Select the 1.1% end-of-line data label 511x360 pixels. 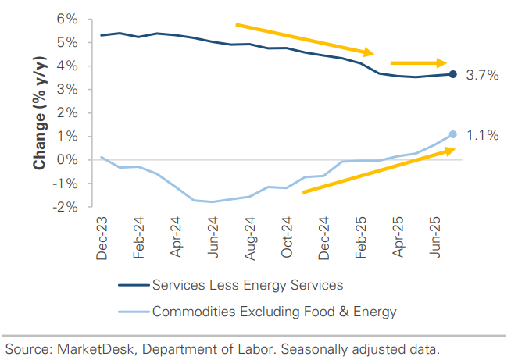click(482, 136)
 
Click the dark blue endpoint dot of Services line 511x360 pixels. click(453, 74)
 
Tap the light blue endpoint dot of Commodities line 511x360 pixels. click(453, 134)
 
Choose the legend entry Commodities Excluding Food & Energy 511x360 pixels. click(274, 312)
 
